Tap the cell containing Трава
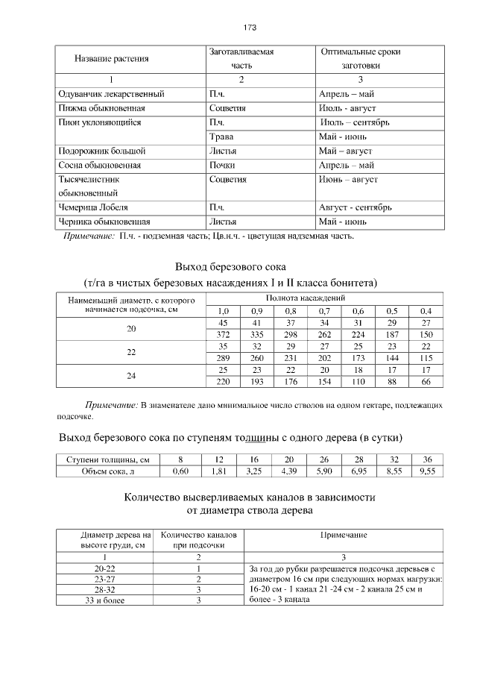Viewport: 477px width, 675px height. (222, 136)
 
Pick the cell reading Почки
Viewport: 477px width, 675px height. (223, 165)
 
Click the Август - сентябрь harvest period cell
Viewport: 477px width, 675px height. (355, 207)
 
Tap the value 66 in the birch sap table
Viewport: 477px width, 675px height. (426, 382)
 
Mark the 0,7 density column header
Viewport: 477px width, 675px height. (324, 310)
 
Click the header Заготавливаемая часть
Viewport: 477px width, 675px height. (241, 59)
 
